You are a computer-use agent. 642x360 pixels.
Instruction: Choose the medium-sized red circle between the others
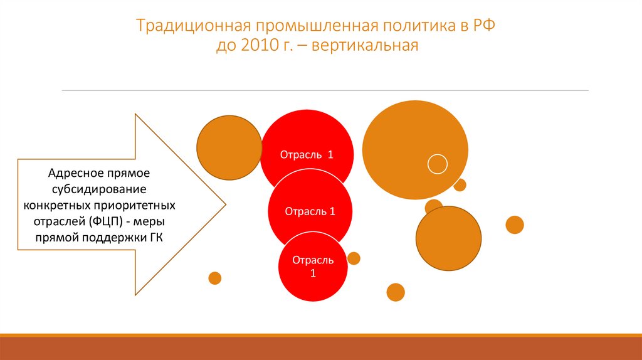[310, 211]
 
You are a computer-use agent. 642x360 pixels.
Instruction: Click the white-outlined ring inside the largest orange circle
[437, 164]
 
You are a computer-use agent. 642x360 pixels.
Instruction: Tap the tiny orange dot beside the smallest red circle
[354, 258]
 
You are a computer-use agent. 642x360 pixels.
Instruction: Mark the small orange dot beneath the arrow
[215, 278]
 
